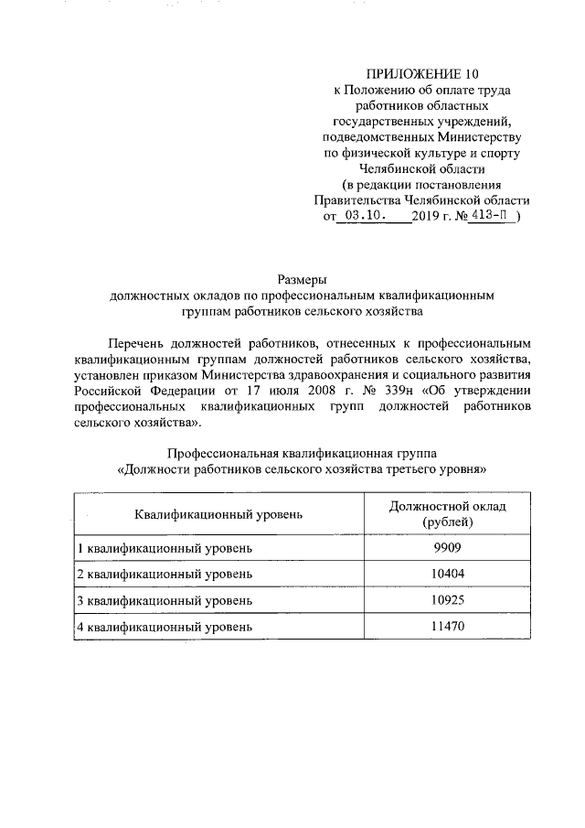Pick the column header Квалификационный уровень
[218, 514]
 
